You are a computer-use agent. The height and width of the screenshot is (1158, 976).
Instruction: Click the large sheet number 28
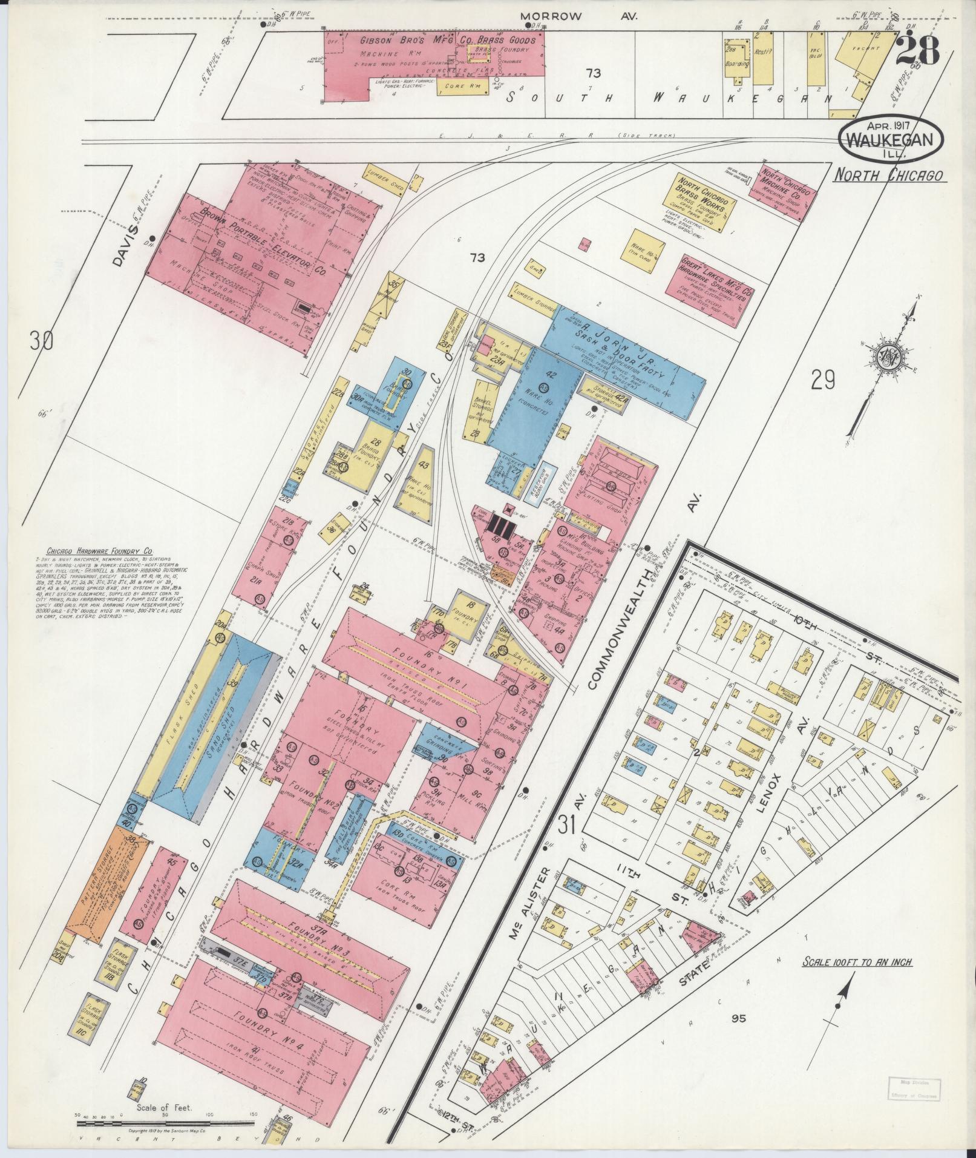tap(917, 50)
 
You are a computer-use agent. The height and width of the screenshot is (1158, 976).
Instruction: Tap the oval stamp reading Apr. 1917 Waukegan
tap(889, 138)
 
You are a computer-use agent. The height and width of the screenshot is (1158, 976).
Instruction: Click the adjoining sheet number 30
tap(42, 341)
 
